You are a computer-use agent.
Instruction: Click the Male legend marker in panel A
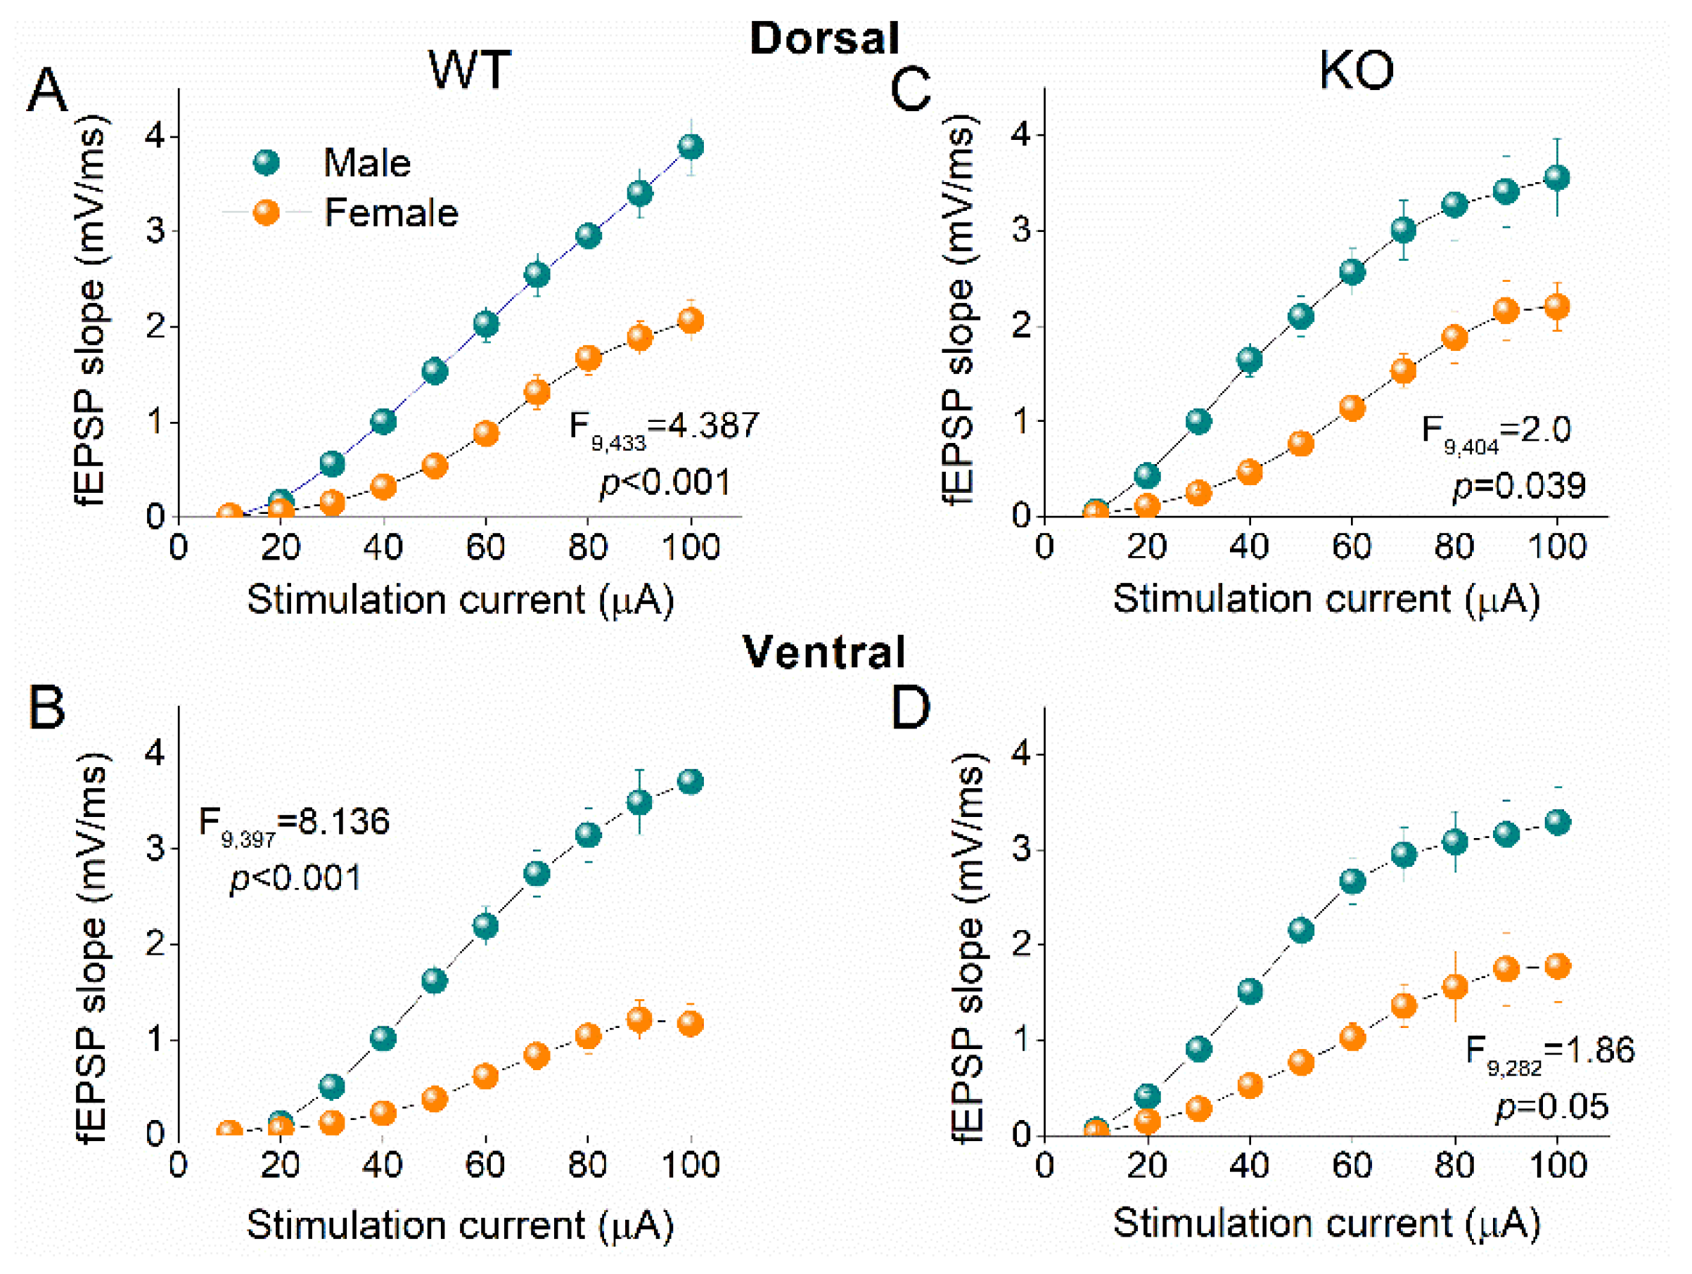click(267, 163)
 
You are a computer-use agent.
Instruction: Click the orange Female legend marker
click(267, 212)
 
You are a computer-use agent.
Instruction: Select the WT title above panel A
click(469, 70)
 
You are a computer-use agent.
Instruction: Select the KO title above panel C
click(1356, 70)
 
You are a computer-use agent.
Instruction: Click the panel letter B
click(46, 707)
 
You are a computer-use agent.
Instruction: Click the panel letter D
click(910, 707)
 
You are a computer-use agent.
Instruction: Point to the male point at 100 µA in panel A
click(691, 146)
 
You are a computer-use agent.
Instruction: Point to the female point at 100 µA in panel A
click(691, 321)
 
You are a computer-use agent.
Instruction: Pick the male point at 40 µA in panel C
click(1249, 359)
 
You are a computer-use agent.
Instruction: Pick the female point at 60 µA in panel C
click(1352, 408)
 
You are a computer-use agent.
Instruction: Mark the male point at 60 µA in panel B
click(486, 926)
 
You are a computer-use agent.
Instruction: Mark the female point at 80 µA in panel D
click(1454, 986)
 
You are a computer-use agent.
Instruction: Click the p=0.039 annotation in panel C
click(1518, 487)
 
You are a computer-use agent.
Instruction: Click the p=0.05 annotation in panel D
click(1552, 1107)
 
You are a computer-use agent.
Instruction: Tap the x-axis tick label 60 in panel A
click(486, 548)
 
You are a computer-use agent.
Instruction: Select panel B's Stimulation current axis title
click(460, 1224)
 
